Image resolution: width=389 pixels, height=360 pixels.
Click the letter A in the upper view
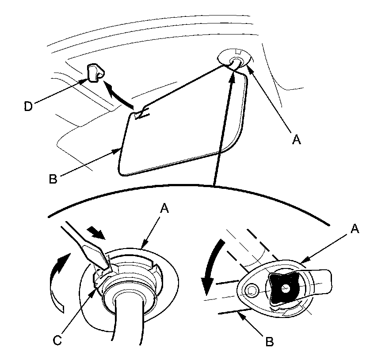pos(297,140)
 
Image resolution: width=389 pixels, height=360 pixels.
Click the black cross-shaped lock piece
pos(283,288)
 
